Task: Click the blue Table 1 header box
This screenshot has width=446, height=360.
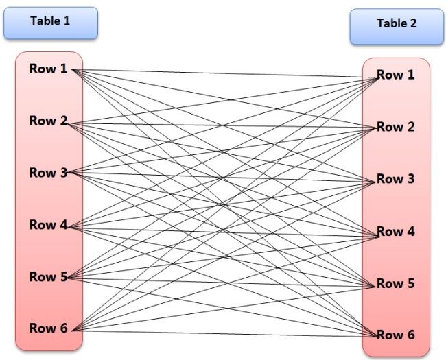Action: point(49,22)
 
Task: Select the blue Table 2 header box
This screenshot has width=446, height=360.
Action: point(396,26)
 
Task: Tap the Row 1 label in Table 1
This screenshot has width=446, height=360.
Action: point(48,69)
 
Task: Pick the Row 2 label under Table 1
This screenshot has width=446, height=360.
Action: point(48,121)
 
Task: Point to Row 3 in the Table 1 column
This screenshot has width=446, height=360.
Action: point(48,173)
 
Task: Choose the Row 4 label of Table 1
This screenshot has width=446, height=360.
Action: point(48,225)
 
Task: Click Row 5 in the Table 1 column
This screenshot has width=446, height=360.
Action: point(48,277)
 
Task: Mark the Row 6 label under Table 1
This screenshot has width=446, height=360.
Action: point(48,328)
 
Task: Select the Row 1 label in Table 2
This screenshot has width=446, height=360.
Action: point(395,75)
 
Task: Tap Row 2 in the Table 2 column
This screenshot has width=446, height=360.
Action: point(395,127)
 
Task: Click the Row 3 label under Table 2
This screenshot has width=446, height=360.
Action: point(395,179)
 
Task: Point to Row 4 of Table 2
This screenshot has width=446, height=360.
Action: point(395,232)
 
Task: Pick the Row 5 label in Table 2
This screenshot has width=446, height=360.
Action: point(395,283)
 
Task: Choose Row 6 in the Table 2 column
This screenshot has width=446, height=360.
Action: point(395,335)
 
